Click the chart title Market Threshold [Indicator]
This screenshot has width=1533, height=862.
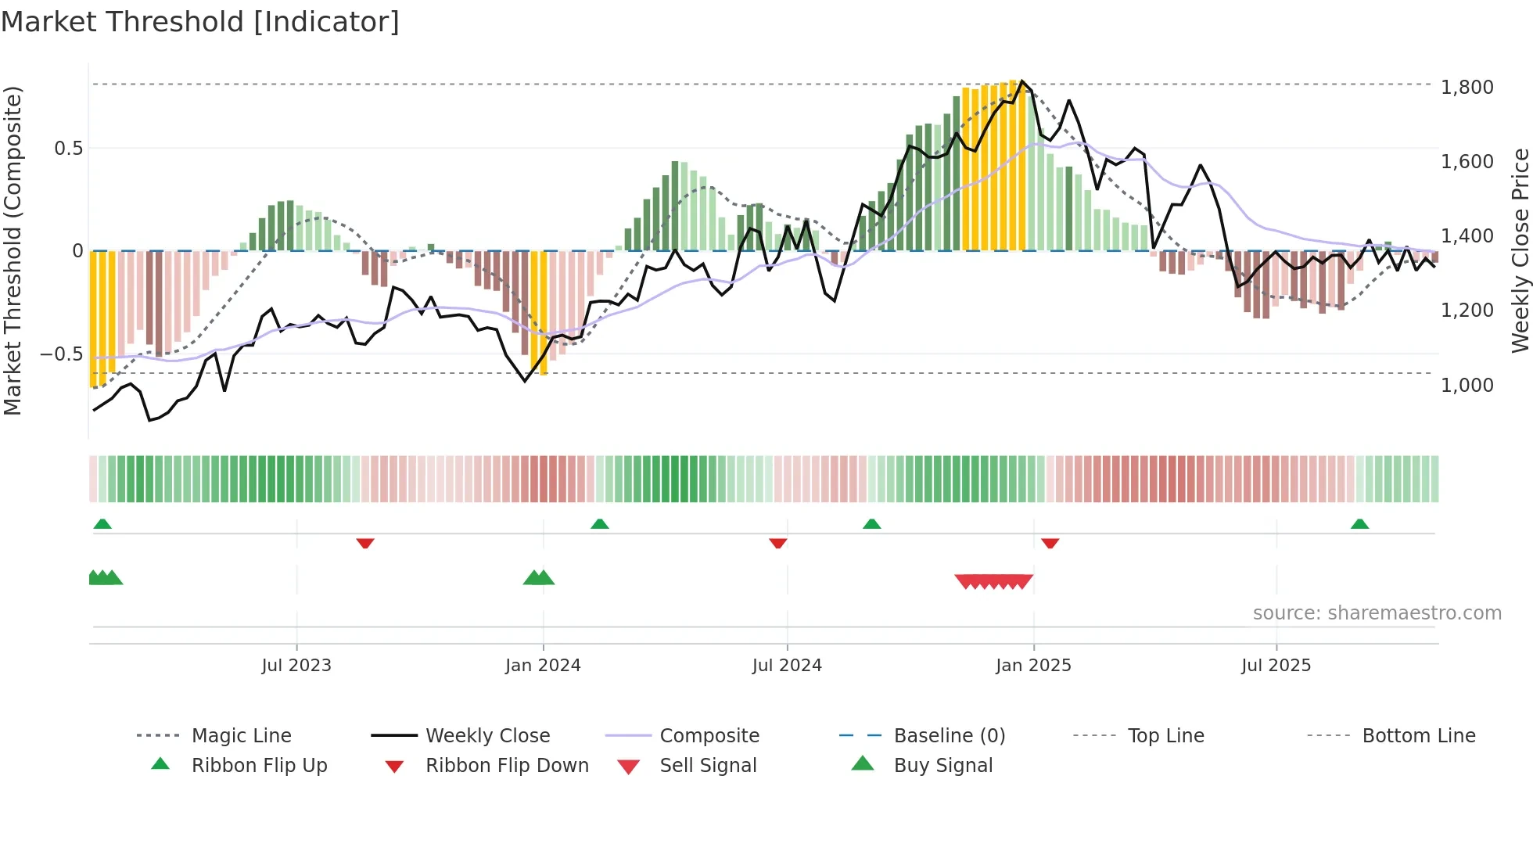[x=200, y=22]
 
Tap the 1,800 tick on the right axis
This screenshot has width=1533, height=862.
[x=1467, y=87]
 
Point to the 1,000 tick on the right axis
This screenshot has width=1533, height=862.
[x=1467, y=385]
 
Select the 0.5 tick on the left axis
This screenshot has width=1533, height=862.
[x=68, y=149]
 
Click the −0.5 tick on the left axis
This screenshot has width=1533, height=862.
[x=62, y=354]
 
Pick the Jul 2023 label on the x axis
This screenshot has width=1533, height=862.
[x=296, y=666]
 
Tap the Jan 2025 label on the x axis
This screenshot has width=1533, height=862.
[x=1033, y=666]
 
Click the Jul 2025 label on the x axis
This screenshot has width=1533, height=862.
[x=1276, y=666]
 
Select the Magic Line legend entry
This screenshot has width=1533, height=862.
[x=241, y=736]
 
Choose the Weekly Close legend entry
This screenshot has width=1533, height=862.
[x=487, y=736]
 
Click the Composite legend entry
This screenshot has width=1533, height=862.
[x=709, y=736]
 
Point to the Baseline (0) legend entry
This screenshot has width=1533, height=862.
[x=949, y=736]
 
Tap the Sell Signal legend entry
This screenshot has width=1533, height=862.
[x=708, y=766]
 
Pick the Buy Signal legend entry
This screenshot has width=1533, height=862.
[x=942, y=766]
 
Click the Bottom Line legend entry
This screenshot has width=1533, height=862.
[x=1418, y=736]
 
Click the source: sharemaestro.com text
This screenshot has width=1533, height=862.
[x=1377, y=613]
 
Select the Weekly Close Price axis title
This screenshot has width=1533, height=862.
[x=1520, y=250]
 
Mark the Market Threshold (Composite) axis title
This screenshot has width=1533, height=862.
[x=13, y=250]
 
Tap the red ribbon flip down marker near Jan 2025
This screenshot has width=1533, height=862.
[x=1050, y=543]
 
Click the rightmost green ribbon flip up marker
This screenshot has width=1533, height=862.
[x=1359, y=524]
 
